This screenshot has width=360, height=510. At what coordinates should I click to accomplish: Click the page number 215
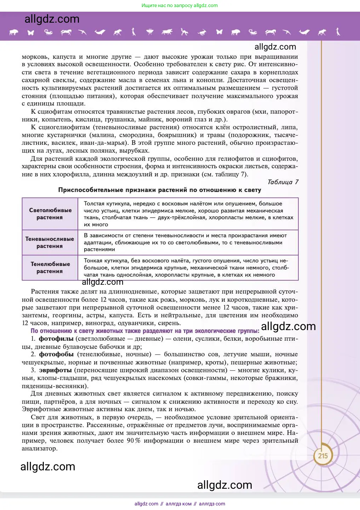[x=322, y=456]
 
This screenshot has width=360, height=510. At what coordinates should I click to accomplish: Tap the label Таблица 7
[x=282, y=182]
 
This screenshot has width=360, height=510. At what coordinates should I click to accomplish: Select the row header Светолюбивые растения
[x=50, y=214]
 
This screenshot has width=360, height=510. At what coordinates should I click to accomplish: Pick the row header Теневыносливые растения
[x=50, y=243]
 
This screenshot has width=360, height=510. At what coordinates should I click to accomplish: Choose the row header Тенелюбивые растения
[x=50, y=268]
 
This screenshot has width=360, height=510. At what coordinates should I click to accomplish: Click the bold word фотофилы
[x=56, y=339]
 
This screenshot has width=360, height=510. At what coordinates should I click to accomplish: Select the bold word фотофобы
[x=56, y=355]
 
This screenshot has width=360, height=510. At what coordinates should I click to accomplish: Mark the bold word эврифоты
[x=55, y=370]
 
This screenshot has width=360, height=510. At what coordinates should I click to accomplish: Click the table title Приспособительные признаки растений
[x=160, y=190]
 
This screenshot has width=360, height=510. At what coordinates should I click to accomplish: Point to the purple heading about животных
[x=145, y=331]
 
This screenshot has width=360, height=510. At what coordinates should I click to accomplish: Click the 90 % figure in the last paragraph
[x=133, y=441]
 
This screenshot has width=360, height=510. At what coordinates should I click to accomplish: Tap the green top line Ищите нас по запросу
[x=179, y=6]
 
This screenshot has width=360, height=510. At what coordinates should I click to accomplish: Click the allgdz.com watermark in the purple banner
[x=52, y=19]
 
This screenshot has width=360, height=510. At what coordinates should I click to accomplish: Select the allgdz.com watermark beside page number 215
[x=48, y=467]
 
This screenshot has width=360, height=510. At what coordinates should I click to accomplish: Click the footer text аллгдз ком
[x=178, y=504]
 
